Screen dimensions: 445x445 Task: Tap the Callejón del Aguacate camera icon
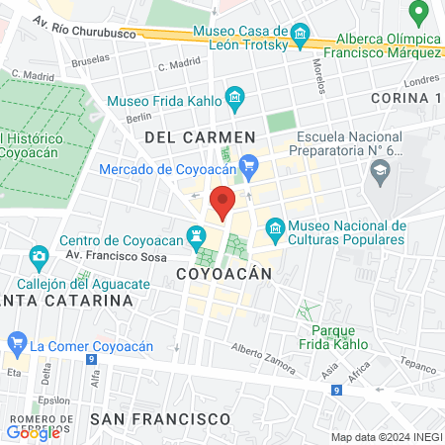(x=39, y=257)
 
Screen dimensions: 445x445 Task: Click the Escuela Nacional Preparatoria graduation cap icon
(x=379, y=170)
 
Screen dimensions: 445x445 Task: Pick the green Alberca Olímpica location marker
(x=419, y=13)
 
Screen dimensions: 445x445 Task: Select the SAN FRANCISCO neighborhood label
(x=160, y=418)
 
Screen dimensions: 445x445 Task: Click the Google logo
(x=33, y=431)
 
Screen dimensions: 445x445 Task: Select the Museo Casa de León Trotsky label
(x=241, y=37)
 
